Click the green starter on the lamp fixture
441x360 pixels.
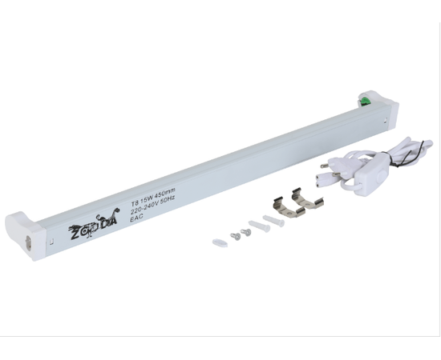(x=365, y=102)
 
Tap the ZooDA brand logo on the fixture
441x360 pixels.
(x=95, y=223)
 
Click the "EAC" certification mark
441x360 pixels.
(x=137, y=218)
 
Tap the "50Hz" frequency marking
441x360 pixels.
(x=168, y=200)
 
